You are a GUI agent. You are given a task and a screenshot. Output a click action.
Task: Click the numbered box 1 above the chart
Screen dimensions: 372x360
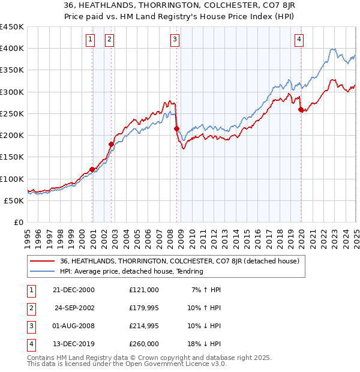click(90, 40)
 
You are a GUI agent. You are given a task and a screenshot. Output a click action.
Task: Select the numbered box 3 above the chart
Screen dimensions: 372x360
click(175, 40)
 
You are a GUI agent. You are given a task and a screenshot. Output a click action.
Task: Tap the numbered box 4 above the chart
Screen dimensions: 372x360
click(299, 40)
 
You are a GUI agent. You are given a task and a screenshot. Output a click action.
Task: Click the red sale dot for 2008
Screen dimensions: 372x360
click(176, 128)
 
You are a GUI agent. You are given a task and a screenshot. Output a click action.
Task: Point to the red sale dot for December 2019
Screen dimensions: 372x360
click(301, 109)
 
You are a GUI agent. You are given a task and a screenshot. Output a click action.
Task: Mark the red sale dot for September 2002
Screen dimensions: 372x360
click(111, 144)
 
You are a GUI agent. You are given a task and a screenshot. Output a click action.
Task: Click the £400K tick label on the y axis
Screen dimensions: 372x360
click(12, 49)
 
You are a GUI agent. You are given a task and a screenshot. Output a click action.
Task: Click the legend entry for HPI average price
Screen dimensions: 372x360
click(131, 271)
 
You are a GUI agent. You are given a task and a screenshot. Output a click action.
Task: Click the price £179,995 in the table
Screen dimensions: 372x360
click(144, 308)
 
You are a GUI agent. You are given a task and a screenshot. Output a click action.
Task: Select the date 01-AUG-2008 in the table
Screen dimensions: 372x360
click(74, 326)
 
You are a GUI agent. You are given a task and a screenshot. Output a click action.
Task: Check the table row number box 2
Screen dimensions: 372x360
click(30, 308)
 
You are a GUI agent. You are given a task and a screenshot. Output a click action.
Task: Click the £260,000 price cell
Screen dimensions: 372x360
click(144, 344)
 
